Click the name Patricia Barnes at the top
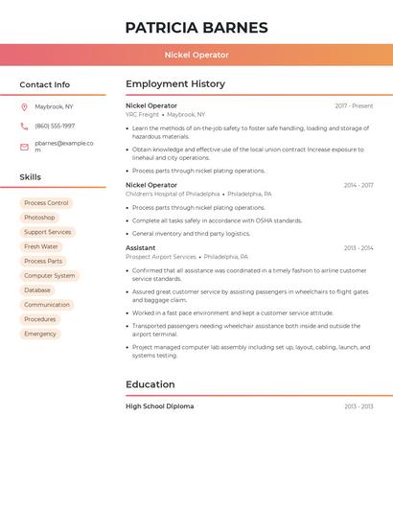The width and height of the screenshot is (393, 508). (196, 27)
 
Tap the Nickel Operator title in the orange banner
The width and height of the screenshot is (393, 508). (196, 55)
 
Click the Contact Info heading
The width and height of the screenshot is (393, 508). (44, 84)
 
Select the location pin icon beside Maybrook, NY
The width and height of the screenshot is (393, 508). (24, 106)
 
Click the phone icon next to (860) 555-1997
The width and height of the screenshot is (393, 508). (24, 126)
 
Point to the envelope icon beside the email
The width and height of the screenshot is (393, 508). (24, 147)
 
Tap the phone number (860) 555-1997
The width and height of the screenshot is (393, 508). (55, 126)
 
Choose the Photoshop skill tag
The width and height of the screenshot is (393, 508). (39, 218)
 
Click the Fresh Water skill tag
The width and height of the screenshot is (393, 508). (41, 246)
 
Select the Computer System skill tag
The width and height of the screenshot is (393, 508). (50, 275)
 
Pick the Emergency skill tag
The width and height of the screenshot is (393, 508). (40, 334)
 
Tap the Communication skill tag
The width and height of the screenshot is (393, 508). (47, 305)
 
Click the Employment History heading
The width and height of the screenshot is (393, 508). (174, 84)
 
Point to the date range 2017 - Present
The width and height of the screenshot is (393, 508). (354, 105)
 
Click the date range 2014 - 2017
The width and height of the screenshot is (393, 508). (358, 185)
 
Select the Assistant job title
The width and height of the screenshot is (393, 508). (140, 248)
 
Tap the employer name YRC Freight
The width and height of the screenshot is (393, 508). (142, 114)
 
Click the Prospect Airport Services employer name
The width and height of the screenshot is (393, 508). (160, 257)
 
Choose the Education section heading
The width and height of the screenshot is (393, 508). (150, 384)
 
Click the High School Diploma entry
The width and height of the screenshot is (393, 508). (159, 406)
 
